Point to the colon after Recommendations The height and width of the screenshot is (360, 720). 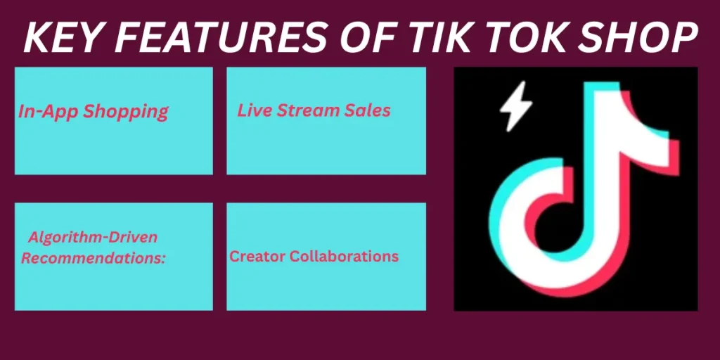[163, 258]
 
